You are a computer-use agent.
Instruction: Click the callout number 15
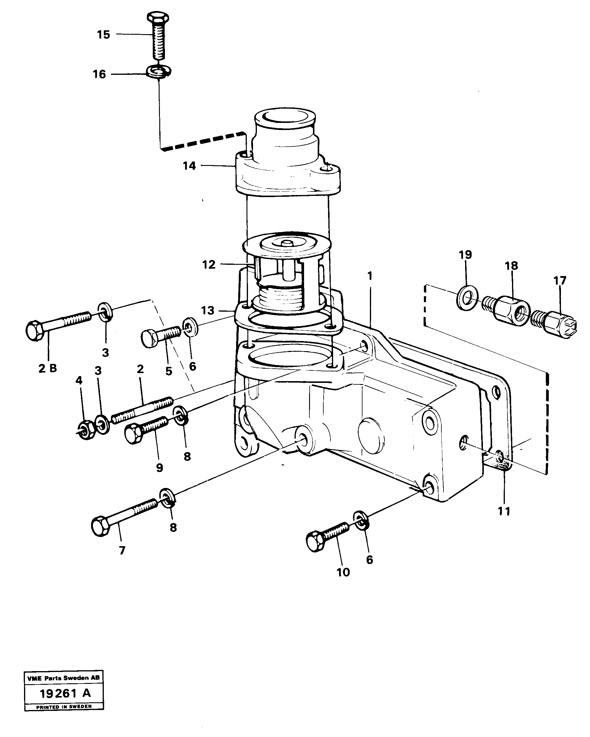click(103, 34)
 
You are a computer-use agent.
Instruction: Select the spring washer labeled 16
click(158, 72)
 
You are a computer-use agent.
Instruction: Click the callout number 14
click(189, 166)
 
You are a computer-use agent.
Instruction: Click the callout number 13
click(207, 310)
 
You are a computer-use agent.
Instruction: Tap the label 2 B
click(47, 368)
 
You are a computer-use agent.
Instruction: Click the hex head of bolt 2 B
click(34, 330)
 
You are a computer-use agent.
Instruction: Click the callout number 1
click(370, 275)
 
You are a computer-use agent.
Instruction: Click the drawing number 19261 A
click(65, 693)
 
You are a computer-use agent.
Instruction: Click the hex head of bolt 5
click(149, 338)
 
